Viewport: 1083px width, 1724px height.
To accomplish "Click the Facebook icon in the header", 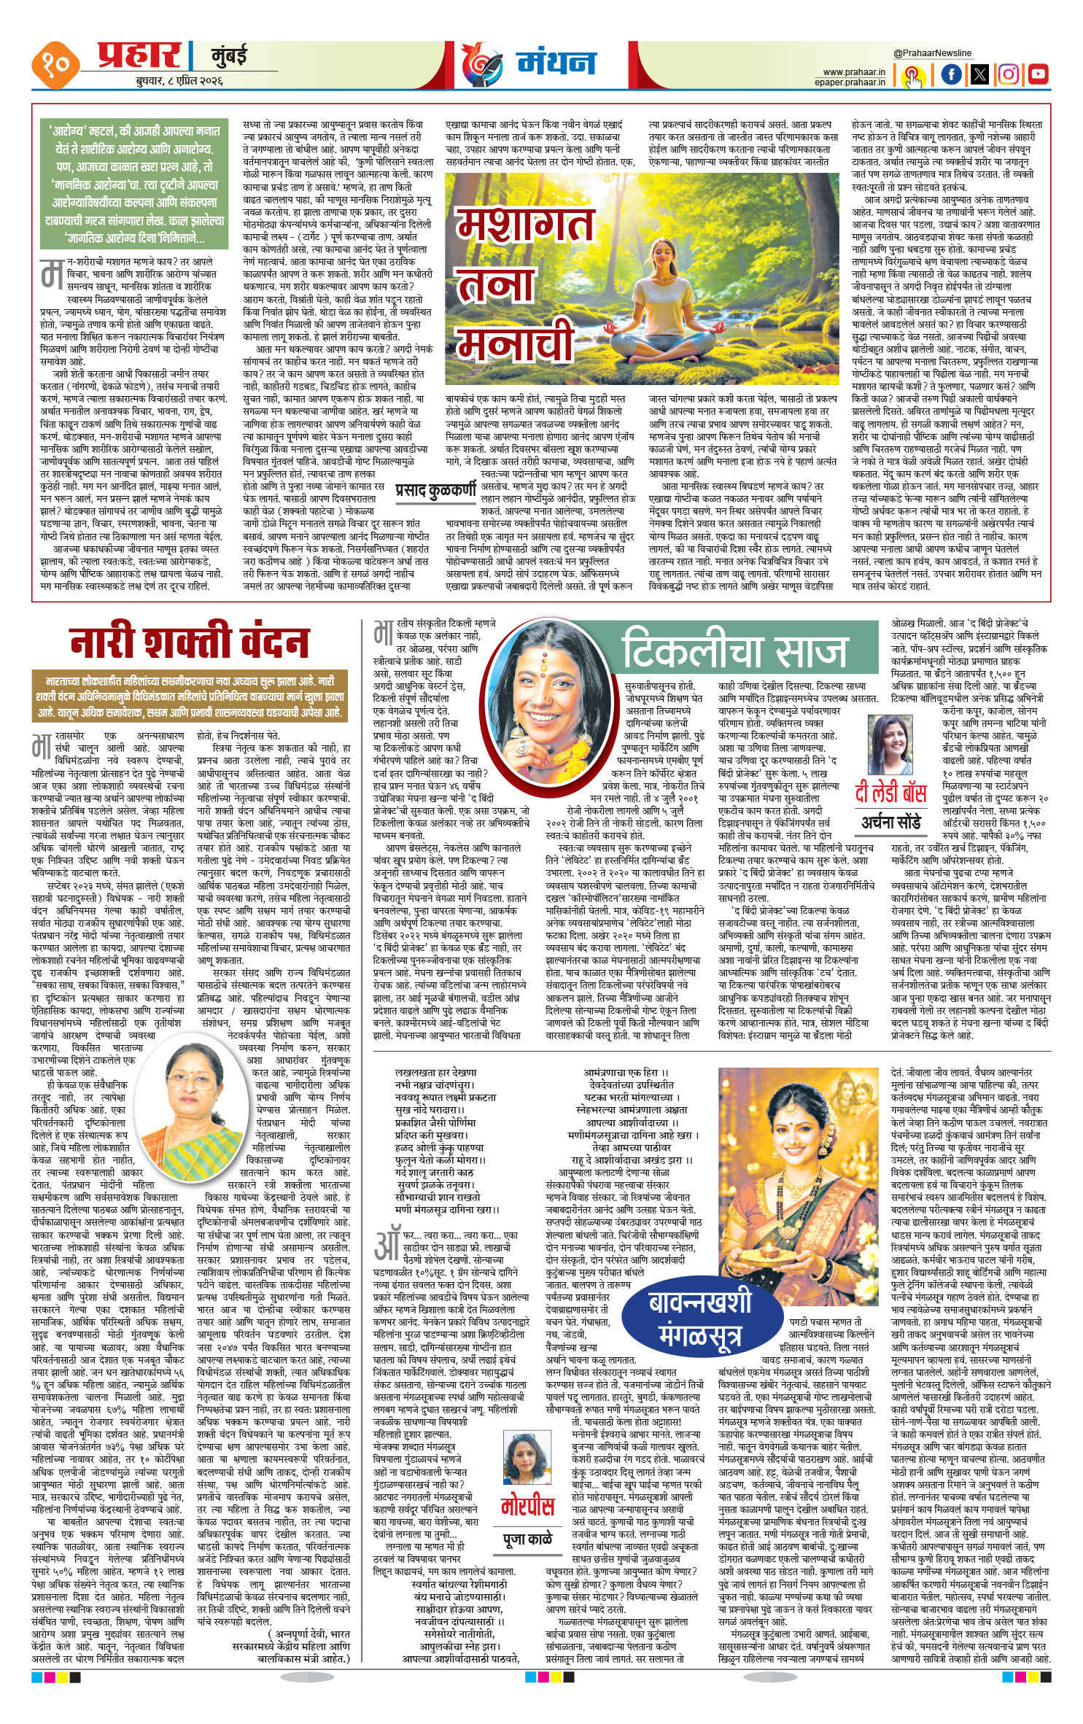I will coord(951,74).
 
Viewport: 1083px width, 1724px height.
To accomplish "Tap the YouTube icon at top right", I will coord(1037,74).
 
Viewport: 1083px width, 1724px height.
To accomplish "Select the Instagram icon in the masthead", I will coord(1009,74).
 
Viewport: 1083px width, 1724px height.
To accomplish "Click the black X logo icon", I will coord(979,74).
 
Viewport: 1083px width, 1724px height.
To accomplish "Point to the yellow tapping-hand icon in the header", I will coord(912,76).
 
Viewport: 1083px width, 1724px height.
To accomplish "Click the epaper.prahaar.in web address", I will coord(850,82).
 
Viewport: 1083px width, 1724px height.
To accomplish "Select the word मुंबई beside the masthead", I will coord(230,55).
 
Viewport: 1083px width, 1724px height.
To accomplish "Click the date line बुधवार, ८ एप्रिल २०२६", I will coord(179,81).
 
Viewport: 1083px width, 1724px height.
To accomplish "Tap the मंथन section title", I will coord(556,63).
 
